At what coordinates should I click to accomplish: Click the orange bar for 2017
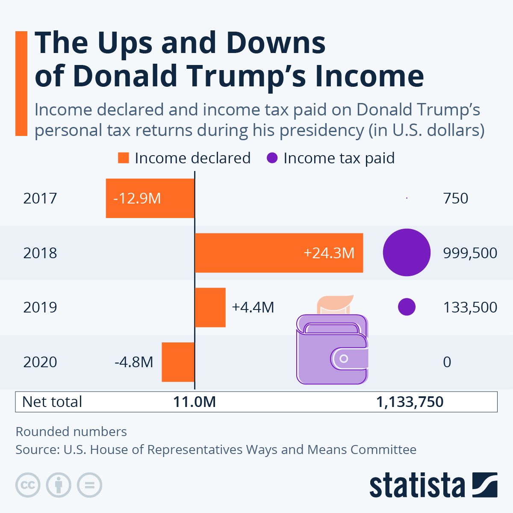tap(150, 198)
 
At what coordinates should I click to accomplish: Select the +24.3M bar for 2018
tap(279, 253)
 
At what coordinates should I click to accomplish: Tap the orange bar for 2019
tap(210, 307)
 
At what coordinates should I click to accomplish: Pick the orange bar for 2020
tap(178, 362)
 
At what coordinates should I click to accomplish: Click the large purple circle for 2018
tap(406, 252)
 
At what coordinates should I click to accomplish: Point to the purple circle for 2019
tap(407, 307)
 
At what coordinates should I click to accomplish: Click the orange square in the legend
tap(123, 158)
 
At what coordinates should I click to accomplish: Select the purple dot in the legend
tap(272, 158)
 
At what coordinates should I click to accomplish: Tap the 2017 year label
tap(40, 198)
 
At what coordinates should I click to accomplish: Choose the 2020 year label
tap(40, 362)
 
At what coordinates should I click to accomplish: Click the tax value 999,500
tap(470, 253)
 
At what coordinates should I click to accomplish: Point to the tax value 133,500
tap(470, 307)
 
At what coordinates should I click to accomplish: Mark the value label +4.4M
tap(253, 307)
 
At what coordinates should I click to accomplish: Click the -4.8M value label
tap(134, 362)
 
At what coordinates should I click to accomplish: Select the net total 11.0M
tap(195, 402)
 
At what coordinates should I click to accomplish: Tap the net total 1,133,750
tap(410, 402)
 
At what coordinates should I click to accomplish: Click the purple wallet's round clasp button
tap(344, 359)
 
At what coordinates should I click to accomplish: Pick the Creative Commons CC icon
tap(28, 485)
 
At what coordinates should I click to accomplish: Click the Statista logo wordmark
tap(417, 485)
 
